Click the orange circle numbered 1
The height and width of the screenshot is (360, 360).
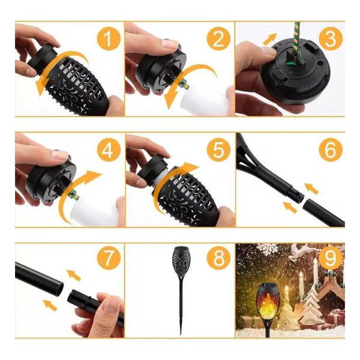[x=109, y=39]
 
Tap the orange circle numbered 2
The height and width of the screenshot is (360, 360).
[x=218, y=39]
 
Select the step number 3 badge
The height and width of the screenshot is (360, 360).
[x=331, y=39]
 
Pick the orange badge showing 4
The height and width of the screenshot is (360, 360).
[x=109, y=149]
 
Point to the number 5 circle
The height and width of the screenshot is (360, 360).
[x=218, y=149]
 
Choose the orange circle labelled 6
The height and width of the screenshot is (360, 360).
[x=331, y=149]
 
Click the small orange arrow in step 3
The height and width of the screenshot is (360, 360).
[x=270, y=38]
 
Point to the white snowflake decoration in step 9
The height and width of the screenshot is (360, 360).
[x=267, y=250]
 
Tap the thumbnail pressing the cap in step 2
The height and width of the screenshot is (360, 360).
[x=170, y=44]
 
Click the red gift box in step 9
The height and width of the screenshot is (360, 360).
[x=336, y=317]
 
